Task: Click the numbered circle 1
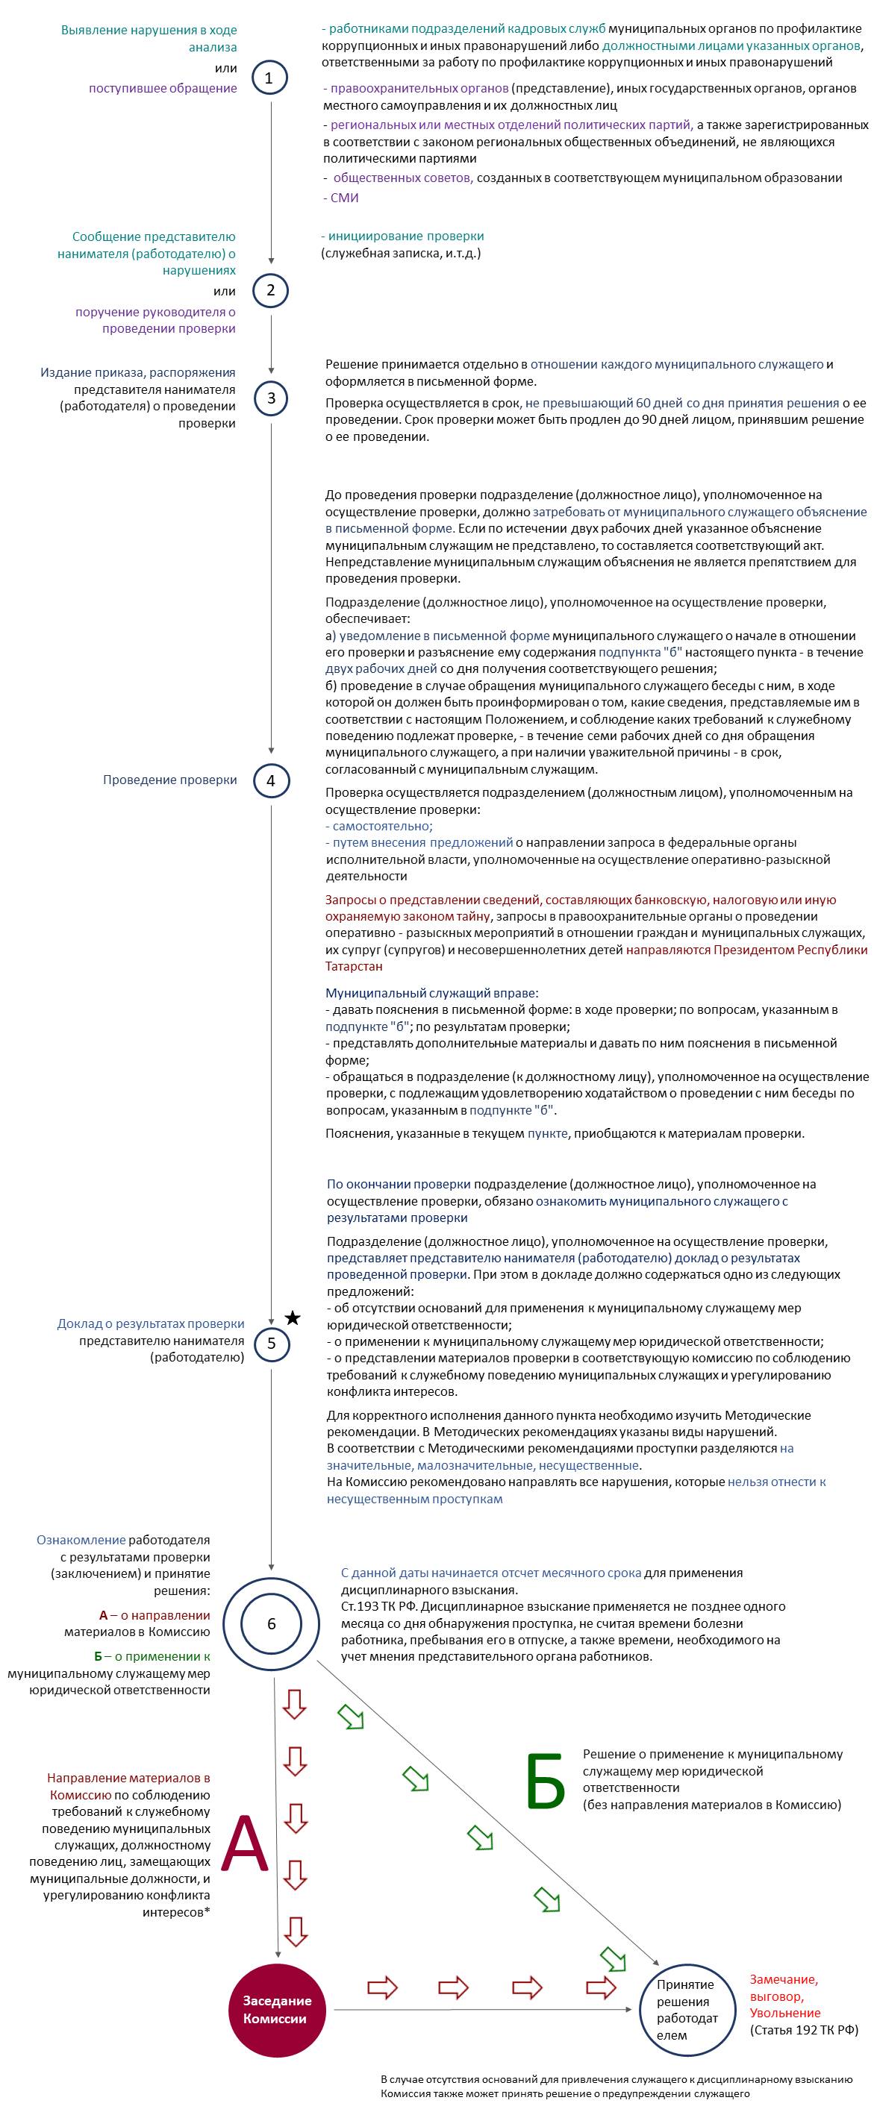270,79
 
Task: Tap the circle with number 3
271,399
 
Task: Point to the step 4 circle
271,781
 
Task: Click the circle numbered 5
272,1344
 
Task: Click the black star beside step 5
293,1318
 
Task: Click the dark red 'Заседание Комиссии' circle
278,2009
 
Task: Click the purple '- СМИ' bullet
341,198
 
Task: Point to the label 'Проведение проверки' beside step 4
169,780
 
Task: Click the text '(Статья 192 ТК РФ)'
803,2030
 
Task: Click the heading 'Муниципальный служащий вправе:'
432,993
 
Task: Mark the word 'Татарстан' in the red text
354,966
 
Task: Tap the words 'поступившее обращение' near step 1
163,89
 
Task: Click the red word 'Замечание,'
784,1978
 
